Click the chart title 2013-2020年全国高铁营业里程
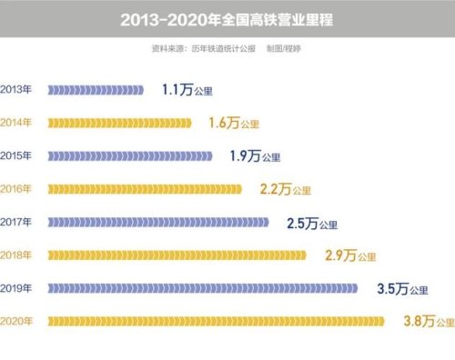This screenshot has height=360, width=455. coord(227,18)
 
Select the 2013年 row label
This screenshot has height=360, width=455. coord(17,90)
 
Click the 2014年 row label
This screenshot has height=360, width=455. coord(17,123)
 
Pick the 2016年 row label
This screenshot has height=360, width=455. coord(17,189)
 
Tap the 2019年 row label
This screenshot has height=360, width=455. coord(17,288)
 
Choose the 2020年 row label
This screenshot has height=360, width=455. coord(17,321)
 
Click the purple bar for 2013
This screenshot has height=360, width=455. coord(96,90)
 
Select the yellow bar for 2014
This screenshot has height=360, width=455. coord(119,123)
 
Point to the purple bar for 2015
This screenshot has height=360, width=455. coord(129,156)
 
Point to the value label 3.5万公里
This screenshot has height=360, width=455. coord(401,289)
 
